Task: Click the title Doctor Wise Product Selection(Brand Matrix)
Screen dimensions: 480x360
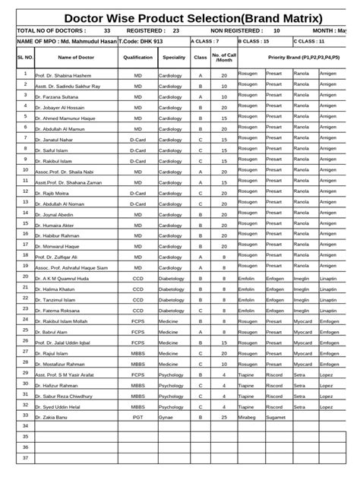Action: (193, 17)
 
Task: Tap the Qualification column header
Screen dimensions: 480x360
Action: (137, 57)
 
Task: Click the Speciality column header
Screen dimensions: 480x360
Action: (173, 57)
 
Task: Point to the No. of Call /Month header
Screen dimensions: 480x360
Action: (224, 57)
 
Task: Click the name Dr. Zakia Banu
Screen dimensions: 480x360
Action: (51, 417)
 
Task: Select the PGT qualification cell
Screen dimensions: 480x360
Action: (137, 417)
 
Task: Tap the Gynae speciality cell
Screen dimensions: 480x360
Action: (166, 417)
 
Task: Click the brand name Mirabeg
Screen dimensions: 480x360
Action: (247, 416)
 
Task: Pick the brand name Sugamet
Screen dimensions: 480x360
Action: (276, 417)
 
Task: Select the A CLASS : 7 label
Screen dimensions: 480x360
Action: (205, 41)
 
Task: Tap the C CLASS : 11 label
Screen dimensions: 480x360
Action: (310, 41)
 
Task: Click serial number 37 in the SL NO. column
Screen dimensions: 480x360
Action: (25, 458)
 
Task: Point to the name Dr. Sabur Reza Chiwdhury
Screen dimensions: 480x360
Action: (68, 396)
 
